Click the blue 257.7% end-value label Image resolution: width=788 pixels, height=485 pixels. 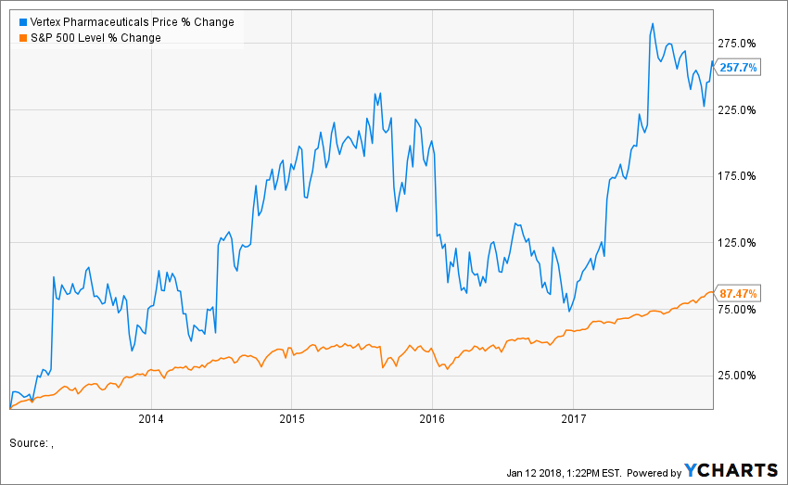coord(740,68)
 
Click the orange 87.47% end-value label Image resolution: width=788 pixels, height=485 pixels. coord(739,294)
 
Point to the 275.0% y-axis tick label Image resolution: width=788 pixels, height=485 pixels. coord(739,44)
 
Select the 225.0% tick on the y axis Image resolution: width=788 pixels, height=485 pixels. coord(739,110)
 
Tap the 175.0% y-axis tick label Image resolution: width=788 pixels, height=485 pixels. coord(739,176)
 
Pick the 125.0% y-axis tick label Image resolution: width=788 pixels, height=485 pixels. coord(739,243)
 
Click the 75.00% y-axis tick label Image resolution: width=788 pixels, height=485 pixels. coord(739,309)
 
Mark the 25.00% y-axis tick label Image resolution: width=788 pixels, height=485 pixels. coord(739,376)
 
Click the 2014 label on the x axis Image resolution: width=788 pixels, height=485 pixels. coord(150,419)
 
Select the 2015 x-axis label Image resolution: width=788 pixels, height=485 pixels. coord(291,419)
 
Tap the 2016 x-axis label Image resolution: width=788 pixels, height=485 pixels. coord(433,419)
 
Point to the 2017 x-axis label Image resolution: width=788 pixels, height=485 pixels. coord(574,419)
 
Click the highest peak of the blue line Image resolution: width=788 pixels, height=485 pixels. coord(653,23)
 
